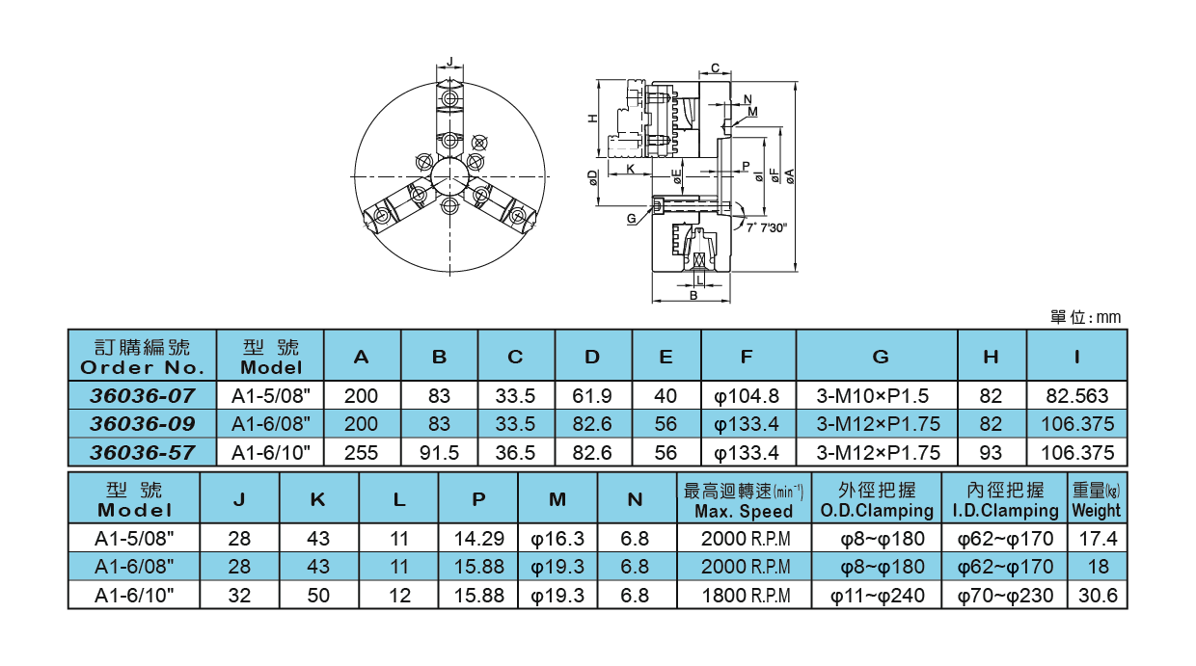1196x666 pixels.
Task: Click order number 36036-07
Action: [x=143, y=395]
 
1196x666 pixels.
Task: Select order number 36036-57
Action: [x=143, y=452]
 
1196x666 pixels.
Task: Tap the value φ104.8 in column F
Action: [x=747, y=395]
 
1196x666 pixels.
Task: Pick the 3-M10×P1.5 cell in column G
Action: [x=878, y=395]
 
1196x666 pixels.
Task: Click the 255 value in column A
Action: [x=362, y=452]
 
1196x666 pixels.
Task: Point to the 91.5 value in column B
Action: [x=440, y=452]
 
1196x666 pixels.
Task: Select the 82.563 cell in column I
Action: [x=1076, y=395]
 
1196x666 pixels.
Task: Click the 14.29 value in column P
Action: [x=479, y=538]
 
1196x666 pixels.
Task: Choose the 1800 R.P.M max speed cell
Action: [x=744, y=596]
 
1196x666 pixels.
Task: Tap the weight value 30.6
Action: [x=1098, y=596]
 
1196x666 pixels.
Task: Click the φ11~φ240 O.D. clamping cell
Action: [x=877, y=596]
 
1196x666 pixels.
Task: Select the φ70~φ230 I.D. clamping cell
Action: [x=1005, y=596]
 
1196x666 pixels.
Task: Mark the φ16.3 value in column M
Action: [x=557, y=538]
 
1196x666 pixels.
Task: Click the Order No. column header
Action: [x=143, y=357]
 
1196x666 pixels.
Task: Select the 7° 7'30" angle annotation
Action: [x=768, y=228]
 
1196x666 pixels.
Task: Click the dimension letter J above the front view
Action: [x=449, y=61]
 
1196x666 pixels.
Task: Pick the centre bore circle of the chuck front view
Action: [x=449, y=176]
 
